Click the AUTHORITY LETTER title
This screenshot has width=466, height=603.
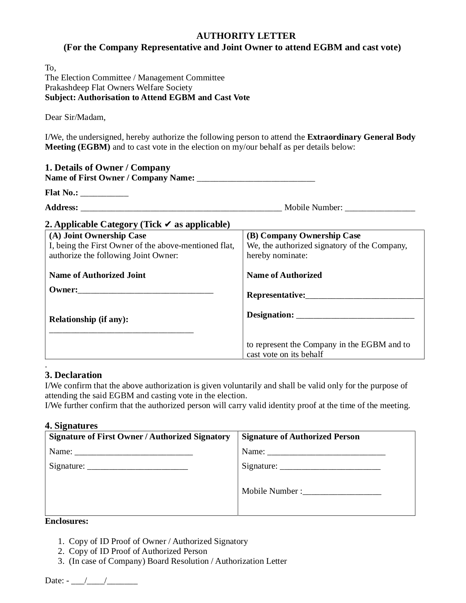[246, 36]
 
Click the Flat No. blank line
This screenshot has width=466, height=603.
[105, 194]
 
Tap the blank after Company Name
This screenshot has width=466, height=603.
[256, 179]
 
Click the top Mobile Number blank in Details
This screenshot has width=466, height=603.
[380, 209]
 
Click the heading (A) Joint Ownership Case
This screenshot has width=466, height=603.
[97, 235]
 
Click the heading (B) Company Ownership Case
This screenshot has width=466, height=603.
[303, 235]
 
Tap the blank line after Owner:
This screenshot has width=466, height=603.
[145, 291]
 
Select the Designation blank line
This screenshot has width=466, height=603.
[355, 316]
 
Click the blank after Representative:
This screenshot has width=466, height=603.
[364, 296]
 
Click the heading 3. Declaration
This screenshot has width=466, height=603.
[73, 375]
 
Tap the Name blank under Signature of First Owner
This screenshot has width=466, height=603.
[134, 453]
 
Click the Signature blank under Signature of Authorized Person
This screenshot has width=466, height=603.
[330, 467]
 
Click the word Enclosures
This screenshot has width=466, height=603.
[67, 521]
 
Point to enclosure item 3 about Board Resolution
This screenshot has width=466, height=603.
[178, 561]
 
